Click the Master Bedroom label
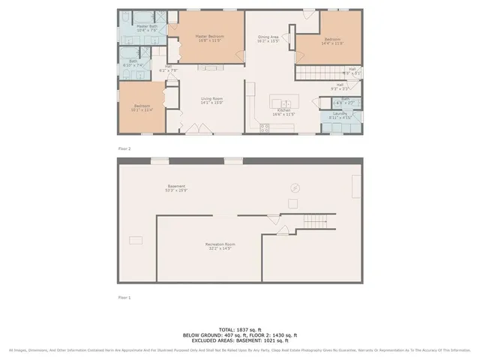coord(211,36)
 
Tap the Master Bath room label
coord(146,26)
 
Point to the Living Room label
coord(211,98)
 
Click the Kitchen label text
coord(283,110)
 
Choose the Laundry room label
coord(340,113)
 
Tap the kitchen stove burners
coord(265,128)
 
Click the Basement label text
coord(176,185)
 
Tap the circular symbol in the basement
coord(295,188)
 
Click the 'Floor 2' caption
coord(124,148)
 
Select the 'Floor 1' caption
coord(124,298)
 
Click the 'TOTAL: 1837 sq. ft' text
coord(240,329)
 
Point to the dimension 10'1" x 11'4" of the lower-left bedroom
coord(142,109)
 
